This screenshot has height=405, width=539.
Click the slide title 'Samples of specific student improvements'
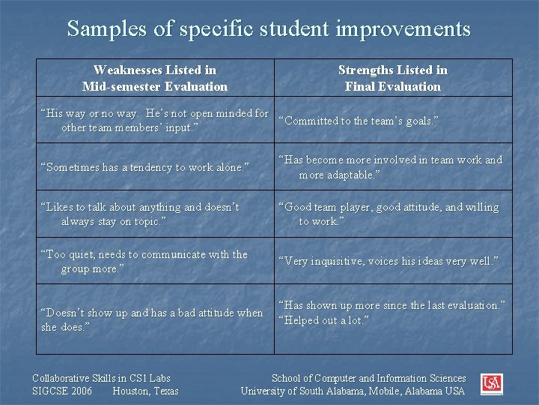(x=269, y=29)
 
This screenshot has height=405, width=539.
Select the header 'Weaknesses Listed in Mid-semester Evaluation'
(x=155, y=78)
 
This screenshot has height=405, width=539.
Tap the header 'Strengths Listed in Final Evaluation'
(x=393, y=78)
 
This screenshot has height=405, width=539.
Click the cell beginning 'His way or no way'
(x=155, y=121)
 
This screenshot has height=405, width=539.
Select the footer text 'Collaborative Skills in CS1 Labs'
(x=102, y=379)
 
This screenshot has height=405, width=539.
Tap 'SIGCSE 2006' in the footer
(x=63, y=391)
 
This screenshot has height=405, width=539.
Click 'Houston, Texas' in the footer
(x=145, y=391)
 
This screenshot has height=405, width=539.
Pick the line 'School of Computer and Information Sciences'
(x=368, y=379)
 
